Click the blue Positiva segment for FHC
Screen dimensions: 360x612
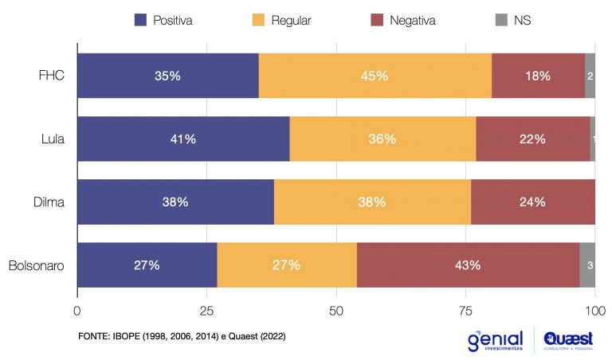pos(167,76)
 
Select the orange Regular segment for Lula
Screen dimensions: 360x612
pos(382,139)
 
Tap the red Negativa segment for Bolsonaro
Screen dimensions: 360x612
pos(468,265)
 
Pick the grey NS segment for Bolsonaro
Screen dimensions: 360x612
pos(587,265)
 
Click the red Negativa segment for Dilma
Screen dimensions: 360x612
pos(533,202)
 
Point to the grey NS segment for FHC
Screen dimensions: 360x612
pos(590,76)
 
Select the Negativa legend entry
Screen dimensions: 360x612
pos(402,21)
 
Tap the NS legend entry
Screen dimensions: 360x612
pos(513,21)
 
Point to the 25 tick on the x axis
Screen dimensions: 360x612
pos(206,309)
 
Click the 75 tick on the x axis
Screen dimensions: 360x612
pos(465,309)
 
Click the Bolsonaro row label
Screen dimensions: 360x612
pos(36,265)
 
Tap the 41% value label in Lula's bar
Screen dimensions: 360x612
pos(183,139)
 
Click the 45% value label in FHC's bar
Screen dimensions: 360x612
pos(375,76)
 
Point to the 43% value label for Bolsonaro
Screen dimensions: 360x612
pos(468,265)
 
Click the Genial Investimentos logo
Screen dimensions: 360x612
pos(495,340)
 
